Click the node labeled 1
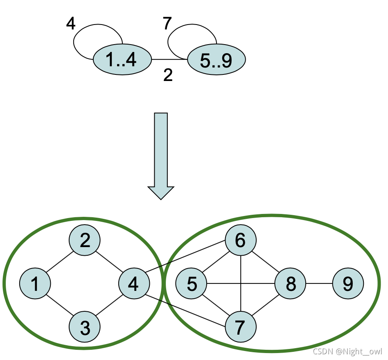pyautogui.click(x=35, y=283)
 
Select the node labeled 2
pyautogui.click(x=85, y=240)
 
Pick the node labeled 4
pyautogui.click(x=133, y=283)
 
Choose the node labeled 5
pyautogui.click(x=191, y=283)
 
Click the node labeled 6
pyautogui.click(x=240, y=240)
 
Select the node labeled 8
pyautogui.click(x=290, y=283)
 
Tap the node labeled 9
pyautogui.click(x=347, y=283)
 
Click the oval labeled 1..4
pyautogui.click(x=122, y=60)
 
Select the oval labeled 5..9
pyautogui.click(x=216, y=60)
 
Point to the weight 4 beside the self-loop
pyautogui.click(x=71, y=24)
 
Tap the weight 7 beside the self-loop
pyautogui.click(x=166, y=24)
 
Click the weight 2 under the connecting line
pyautogui.click(x=168, y=75)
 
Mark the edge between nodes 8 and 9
pyautogui.click(x=319, y=283)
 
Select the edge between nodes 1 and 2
pyautogui.click(x=60, y=262)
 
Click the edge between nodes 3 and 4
pyautogui.click(x=109, y=305)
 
